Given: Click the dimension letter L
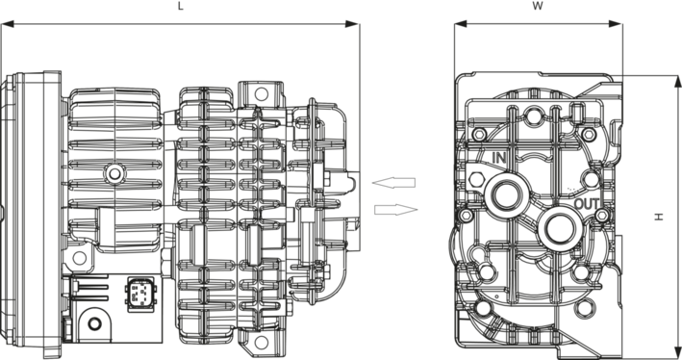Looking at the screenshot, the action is pyautogui.click(x=181, y=7).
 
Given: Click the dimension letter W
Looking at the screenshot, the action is pyautogui.click(x=538, y=7).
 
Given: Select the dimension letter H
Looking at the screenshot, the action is pyautogui.click(x=659, y=217).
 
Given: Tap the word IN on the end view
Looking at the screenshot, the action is pyautogui.click(x=499, y=158).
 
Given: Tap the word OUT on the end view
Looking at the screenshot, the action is pyautogui.click(x=587, y=204).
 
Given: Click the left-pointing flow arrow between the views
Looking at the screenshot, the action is pyautogui.click(x=393, y=183).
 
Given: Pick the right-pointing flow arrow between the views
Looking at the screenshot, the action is pyautogui.click(x=395, y=210).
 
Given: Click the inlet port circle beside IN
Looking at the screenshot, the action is pyautogui.click(x=505, y=194).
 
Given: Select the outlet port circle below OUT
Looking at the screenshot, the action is pyautogui.click(x=559, y=228).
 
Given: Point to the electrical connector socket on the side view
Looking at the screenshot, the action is pyautogui.click(x=139, y=294).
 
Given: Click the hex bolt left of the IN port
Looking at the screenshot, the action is pyautogui.click(x=477, y=179).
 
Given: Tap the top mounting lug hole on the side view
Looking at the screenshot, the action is pyautogui.click(x=261, y=93).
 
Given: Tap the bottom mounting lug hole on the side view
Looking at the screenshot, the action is pyautogui.click(x=261, y=342).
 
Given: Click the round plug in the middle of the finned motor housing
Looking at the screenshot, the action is pyautogui.click(x=114, y=174).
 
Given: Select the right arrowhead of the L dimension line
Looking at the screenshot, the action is pyautogui.click(x=352, y=24).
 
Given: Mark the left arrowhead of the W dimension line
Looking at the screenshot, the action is pyautogui.click(x=461, y=24).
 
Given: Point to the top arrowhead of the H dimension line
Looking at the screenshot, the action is pyautogui.click(x=677, y=82).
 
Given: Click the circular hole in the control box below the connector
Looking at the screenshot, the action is pyautogui.click(x=94, y=323).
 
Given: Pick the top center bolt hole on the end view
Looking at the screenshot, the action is pyautogui.click(x=533, y=116).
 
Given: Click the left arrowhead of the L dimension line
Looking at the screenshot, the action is pyautogui.click(x=8, y=24).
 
